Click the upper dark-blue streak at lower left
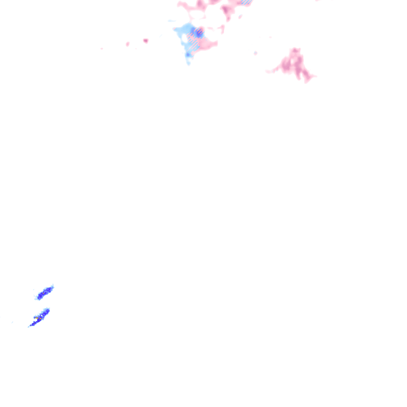pyautogui.click(x=45, y=293)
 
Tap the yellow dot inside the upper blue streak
pyautogui.click(x=43, y=293)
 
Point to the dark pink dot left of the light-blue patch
pyautogui.click(x=145, y=41)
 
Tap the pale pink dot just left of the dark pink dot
pyautogui.click(x=128, y=44)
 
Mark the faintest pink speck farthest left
pyautogui.click(x=102, y=48)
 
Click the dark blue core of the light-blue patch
pyautogui.click(x=198, y=33)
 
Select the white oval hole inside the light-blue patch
pyautogui.click(x=185, y=39)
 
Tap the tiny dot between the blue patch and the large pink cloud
pyautogui.click(x=255, y=52)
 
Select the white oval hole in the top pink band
pyautogui.click(x=196, y=16)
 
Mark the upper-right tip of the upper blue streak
pyautogui.click(x=53, y=285)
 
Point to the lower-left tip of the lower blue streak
pyautogui.click(x=29, y=326)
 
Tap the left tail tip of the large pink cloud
pyautogui.click(x=267, y=72)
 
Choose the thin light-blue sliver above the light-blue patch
pyautogui.click(x=172, y=21)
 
